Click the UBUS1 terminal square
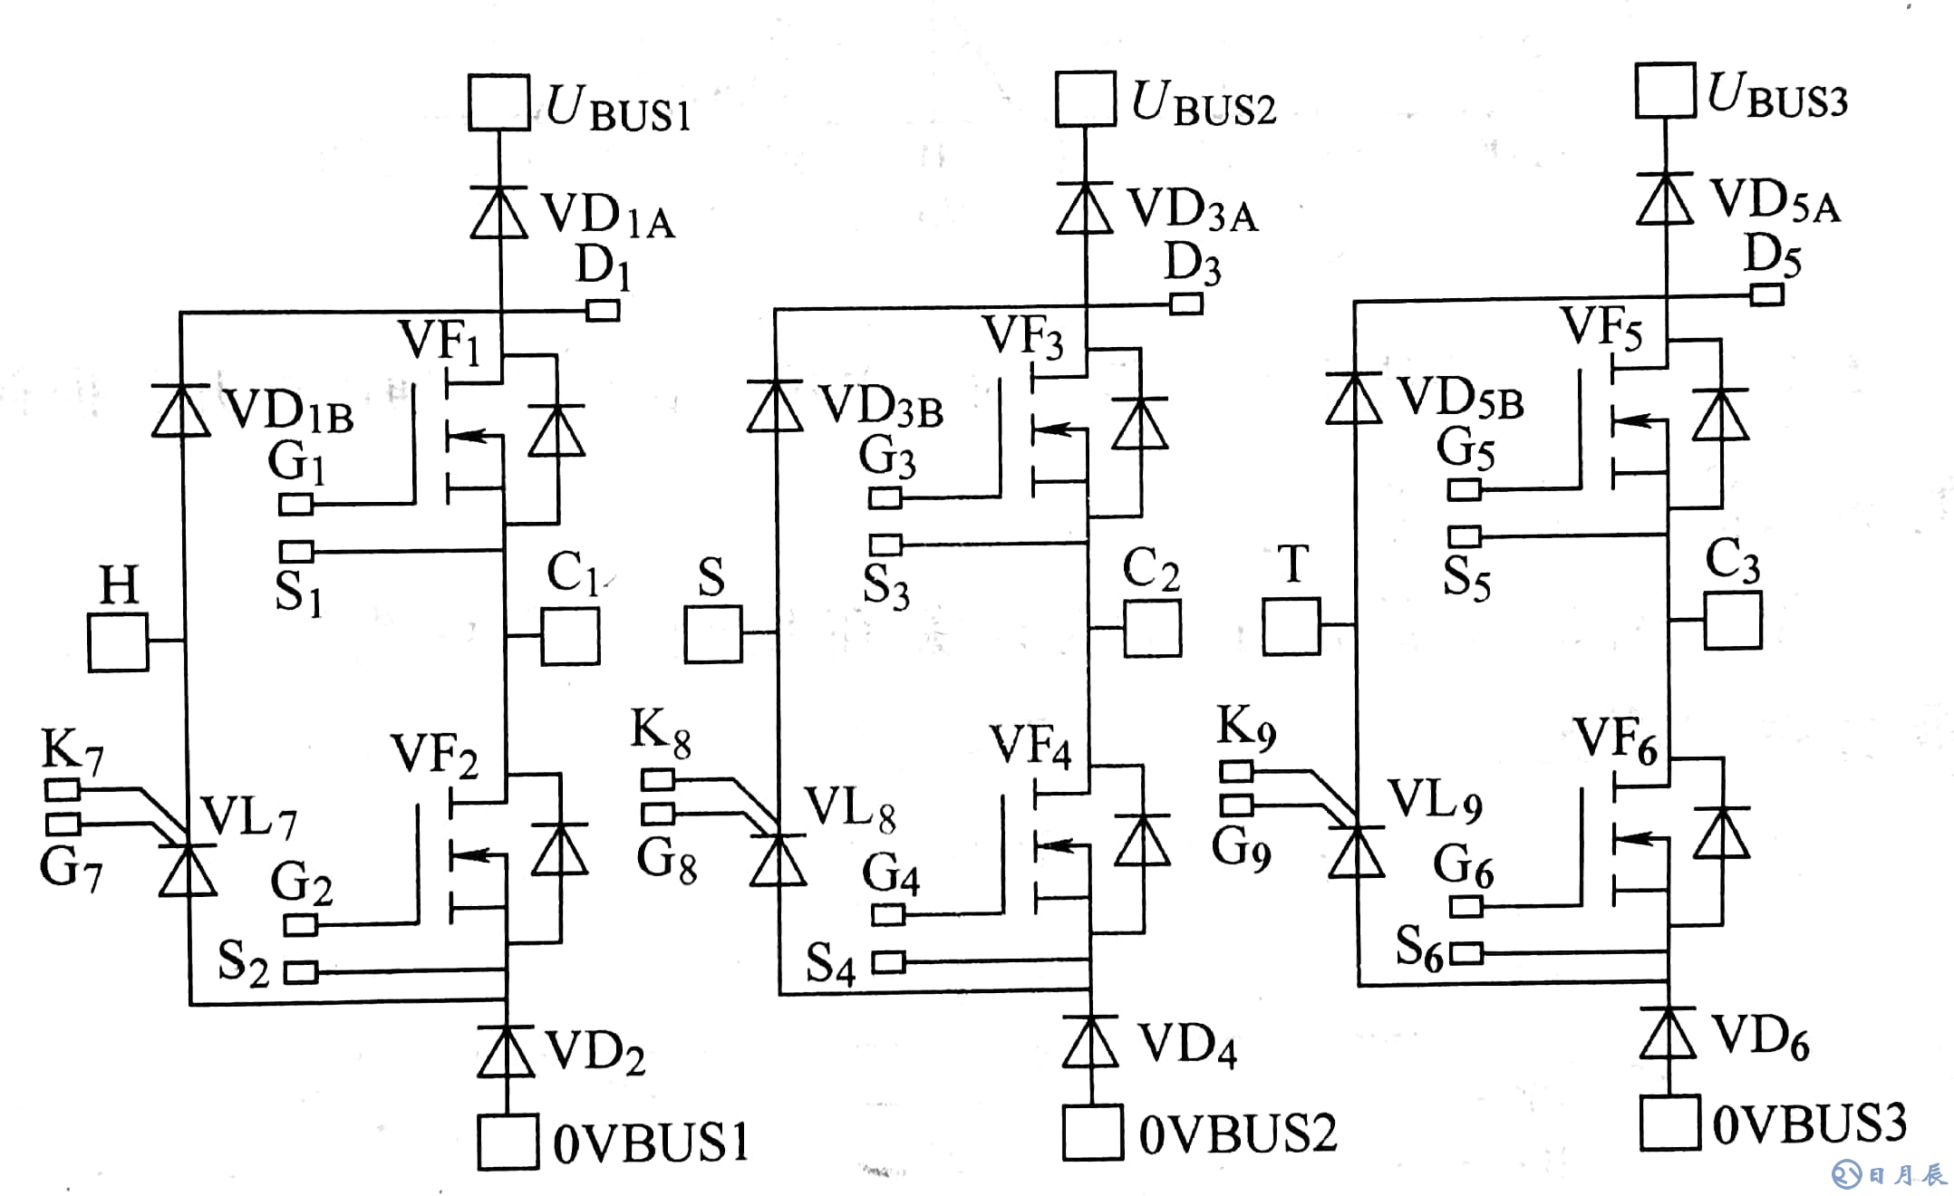[x=498, y=103]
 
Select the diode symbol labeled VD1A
[x=499, y=214]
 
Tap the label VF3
[x=1022, y=336]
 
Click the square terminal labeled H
[x=118, y=642]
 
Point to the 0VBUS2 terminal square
[x=1093, y=1133]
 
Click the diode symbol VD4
[x=1090, y=1042]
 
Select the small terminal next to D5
[x=1766, y=294]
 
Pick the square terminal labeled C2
[x=1152, y=628]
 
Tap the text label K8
[x=661, y=732]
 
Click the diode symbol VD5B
[x=1354, y=400]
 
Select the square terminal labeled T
[x=1291, y=626]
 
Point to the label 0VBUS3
[x=1809, y=1124]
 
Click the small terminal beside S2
[x=301, y=973]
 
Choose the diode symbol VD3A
[x=1086, y=208]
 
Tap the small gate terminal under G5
[x=1464, y=490]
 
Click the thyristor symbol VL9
[x=1357, y=852]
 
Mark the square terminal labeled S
[x=713, y=634]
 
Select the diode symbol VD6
[x=1668, y=1033]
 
